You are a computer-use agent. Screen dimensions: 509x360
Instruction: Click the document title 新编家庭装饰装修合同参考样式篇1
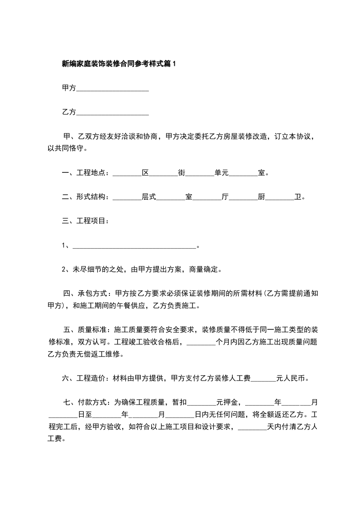click(x=118, y=64)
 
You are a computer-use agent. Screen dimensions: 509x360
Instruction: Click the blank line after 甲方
click(x=113, y=89)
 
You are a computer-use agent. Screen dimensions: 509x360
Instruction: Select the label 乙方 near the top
click(x=69, y=112)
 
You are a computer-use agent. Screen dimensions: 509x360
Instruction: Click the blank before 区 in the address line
click(x=127, y=173)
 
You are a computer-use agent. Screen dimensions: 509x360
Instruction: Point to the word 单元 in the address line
click(x=222, y=173)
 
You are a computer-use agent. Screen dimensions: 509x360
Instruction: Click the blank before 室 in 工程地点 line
click(x=243, y=173)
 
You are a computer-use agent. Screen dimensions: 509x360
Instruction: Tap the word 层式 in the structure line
click(x=149, y=197)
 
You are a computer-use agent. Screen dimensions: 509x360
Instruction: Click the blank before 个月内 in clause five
click(x=201, y=343)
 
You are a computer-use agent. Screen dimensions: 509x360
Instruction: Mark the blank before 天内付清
click(x=252, y=427)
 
